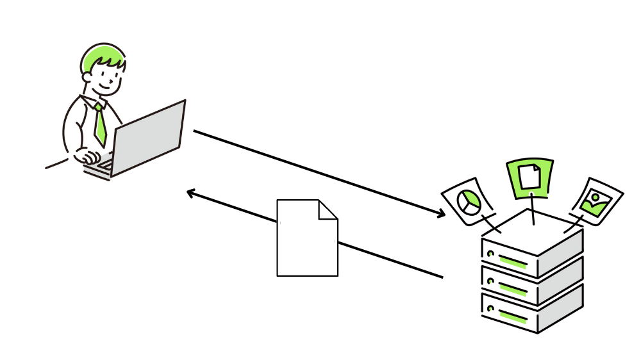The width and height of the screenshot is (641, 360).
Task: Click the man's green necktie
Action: pos(99,124)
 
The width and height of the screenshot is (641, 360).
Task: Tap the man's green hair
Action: pos(99,56)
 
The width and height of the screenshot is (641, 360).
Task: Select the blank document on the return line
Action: pos(306,240)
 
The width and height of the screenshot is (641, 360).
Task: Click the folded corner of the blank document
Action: pos(328,209)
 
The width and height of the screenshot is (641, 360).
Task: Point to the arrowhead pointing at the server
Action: pos(441,215)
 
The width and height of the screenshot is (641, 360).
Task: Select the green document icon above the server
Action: pos(529,176)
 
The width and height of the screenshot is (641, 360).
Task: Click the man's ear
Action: pos(87,77)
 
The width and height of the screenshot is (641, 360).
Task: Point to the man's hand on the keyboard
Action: pos(87,156)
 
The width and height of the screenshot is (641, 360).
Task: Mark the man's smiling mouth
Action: pos(106,85)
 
